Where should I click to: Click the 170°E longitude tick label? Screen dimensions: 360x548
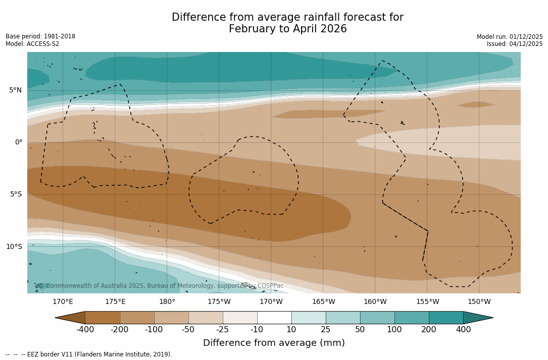(x=63, y=302)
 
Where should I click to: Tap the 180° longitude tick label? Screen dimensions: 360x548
(x=167, y=302)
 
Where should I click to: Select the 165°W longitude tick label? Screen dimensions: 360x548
(x=323, y=302)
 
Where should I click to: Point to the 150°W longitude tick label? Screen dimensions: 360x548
(x=479, y=302)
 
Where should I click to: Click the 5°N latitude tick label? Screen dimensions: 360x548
(x=15, y=90)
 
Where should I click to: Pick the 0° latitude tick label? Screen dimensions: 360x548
(x=19, y=142)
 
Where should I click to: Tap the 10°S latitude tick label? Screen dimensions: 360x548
(x=14, y=247)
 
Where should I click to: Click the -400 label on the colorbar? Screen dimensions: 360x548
(x=85, y=330)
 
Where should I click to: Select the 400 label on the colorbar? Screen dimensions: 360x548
(x=463, y=330)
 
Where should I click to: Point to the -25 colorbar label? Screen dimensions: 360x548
(x=223, y=330)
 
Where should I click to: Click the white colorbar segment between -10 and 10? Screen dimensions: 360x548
(x=274, y=318)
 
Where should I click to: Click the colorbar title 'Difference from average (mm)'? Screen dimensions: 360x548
(x=274, y=343)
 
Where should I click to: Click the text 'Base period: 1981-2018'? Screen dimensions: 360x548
(x=40, y=36)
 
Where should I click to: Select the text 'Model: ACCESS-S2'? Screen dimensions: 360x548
(x=32, y=44)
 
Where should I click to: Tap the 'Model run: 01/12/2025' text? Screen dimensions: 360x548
(x=510, y=37)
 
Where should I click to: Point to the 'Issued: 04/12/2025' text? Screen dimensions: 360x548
(x=515, y=44)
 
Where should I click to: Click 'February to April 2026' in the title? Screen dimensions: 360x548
(x=287, y=29)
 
